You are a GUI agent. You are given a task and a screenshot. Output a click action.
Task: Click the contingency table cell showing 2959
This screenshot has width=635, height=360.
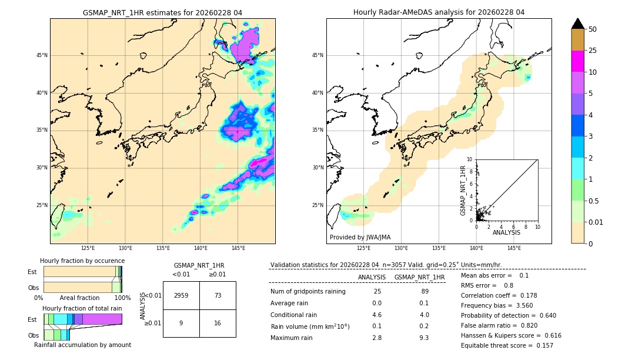click(x=181, y=295)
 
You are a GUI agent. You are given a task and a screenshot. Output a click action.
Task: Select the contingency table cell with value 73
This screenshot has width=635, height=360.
click(x=218, y=295)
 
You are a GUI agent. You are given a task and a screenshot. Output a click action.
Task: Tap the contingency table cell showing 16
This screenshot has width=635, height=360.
click(x=218, y=323)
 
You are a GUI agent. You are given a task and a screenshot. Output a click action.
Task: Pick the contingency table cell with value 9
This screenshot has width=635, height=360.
click(x=181, y=323)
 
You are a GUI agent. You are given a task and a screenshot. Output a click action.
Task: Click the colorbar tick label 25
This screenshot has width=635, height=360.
click(x=593, y=51)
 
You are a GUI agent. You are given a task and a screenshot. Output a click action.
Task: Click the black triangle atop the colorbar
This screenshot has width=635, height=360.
click(x=578, y=24)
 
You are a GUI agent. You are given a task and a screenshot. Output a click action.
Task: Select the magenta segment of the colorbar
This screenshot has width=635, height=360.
click(x=578, y=61)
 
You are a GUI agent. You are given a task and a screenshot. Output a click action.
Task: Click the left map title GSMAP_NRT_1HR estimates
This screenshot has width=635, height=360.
click(x=162, y=12)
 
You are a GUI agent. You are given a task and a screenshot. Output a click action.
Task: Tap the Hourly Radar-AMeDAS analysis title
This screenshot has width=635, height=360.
click(x=439, y=12)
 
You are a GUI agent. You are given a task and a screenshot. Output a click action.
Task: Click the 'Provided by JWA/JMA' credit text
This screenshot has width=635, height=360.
click(x=360, y=237)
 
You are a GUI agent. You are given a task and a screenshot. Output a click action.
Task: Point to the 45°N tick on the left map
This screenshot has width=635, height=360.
click(x=42, y=55)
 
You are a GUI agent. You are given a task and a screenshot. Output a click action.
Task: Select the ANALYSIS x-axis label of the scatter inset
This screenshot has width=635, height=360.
click(x=506, y=232)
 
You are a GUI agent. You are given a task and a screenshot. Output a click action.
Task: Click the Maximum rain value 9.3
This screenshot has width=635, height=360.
click(x=423, y=338)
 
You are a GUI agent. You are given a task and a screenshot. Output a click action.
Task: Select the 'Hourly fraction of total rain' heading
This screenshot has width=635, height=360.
click(x=82, y=308)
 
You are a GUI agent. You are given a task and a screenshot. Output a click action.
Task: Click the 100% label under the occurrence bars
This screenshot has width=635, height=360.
click(x=122, y=298)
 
